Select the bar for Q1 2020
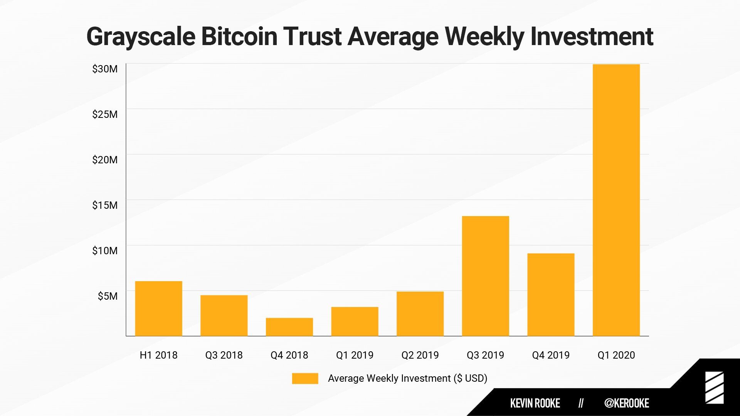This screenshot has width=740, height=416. click(x=616, y=200)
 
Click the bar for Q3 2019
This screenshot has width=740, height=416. click(x=485, y=276)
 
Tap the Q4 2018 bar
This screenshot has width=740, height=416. click(x=289, y=327)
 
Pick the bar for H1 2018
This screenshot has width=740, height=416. click(x=158, y=309)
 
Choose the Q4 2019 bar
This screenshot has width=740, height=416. click(x=551, y=295)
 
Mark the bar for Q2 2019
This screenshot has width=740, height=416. click(x=420, y=314)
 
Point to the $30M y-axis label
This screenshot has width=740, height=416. click(x=105, y=69)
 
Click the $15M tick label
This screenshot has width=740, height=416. click(x=105, y=205)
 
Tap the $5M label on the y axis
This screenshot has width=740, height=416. click(x=108, y=296)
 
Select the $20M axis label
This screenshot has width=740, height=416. click(x=105, y=160)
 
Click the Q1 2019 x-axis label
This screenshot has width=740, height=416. click(x=355, y=355)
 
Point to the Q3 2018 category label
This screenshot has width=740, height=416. click(x=224, y=355)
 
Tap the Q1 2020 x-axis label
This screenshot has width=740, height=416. click(x=616, y=355)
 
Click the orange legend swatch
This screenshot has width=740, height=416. click(x=305, y=378)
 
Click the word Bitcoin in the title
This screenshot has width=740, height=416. click(x=239, y=37)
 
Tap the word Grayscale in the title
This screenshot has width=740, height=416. click(x=141, y=37)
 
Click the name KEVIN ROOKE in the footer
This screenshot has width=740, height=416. click(x=535, y=403)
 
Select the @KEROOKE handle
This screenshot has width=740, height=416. click(x=627, y=403)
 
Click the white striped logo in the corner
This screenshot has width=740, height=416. click(x=714, y=388)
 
